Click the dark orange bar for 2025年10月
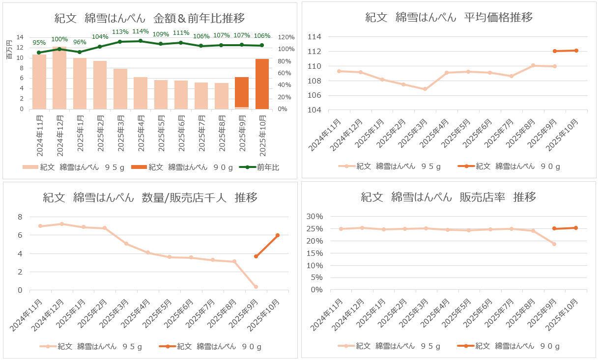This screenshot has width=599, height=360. (x=262, y=83)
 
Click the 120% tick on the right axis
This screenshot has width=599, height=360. (x=286, y=37)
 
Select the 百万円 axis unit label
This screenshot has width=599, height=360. (x=8, y=50)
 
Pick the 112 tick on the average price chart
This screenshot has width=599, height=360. (x=314, y=52)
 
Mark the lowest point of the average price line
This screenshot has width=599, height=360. (x=425, y=89)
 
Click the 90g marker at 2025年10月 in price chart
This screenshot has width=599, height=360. (x=576, y=51)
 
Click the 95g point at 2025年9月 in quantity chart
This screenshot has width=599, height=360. (x=256, y=287)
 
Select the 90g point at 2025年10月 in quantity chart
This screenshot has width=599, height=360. (x=278, y=235)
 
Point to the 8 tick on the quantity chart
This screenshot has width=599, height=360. (x=20, y=217)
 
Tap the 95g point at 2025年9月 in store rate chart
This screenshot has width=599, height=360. (x=554, y=244)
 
